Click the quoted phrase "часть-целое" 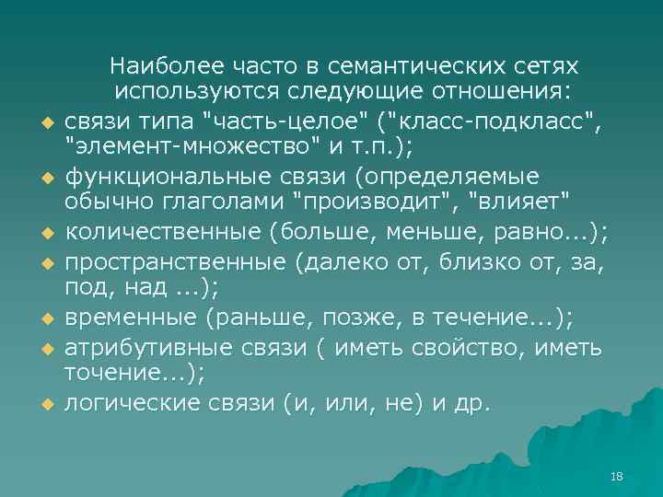coord(294,119)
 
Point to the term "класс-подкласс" coord(498,119)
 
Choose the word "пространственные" coord(175,264)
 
